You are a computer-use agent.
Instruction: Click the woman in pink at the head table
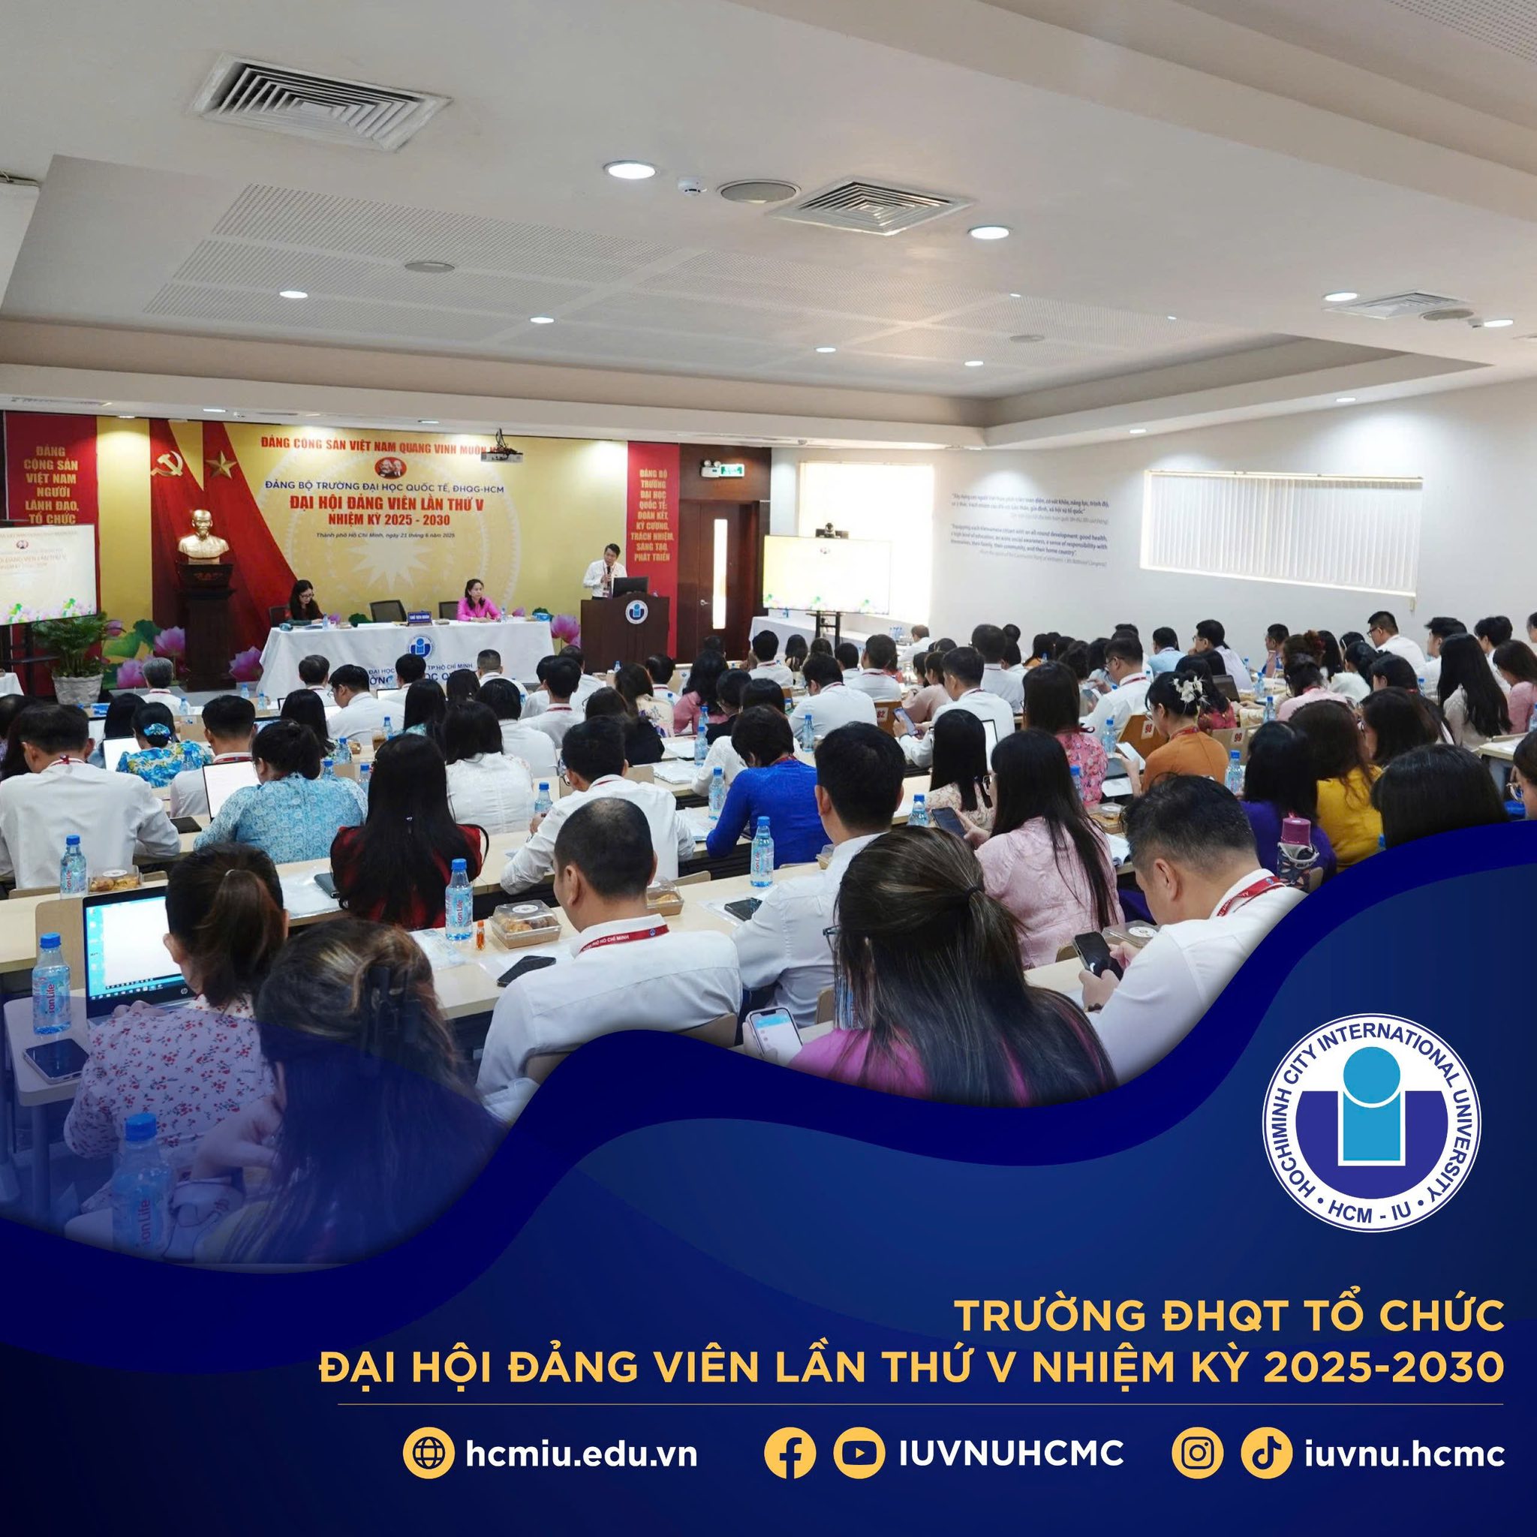pos(477,601)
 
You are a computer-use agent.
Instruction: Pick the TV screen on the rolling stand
pos(826,574)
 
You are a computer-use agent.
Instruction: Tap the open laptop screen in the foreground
pos(128,951)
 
